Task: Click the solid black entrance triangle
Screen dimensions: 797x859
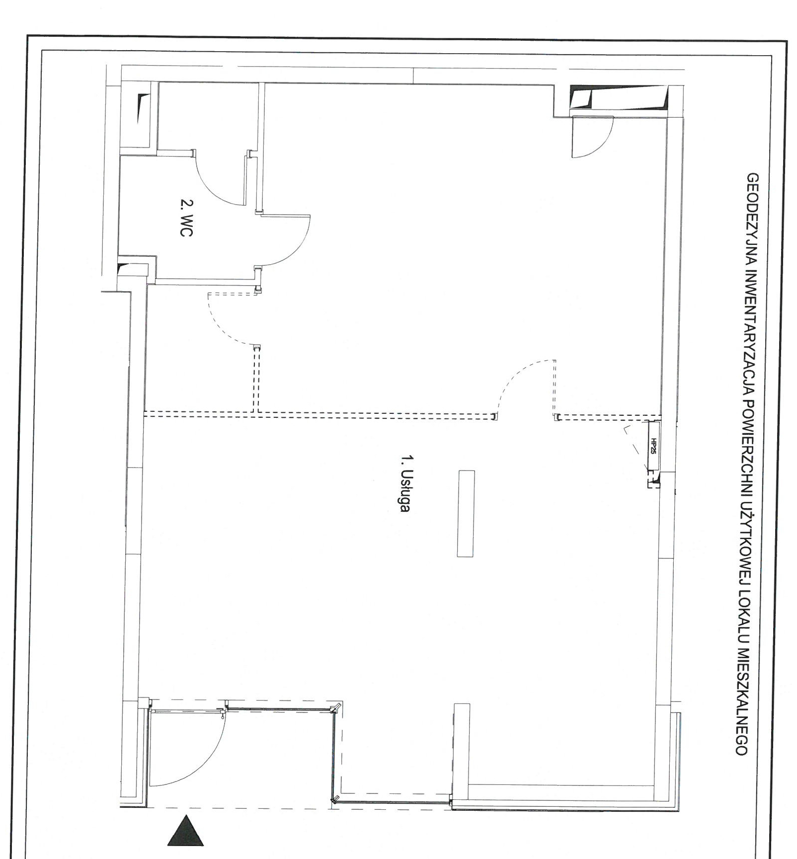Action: click(185, 830)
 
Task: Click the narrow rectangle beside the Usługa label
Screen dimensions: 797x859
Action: click(466, 513)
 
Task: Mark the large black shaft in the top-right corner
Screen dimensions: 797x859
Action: click(618, 97)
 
